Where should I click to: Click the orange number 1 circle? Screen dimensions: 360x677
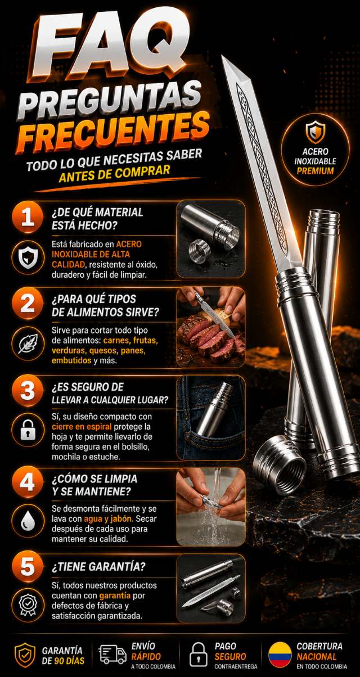28,217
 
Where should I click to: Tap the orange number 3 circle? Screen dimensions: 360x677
28,390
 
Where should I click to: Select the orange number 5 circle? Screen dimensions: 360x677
28,566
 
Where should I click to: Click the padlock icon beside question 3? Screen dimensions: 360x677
28,429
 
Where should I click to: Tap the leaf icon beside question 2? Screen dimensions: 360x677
28,344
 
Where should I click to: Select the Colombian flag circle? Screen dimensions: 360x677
280,655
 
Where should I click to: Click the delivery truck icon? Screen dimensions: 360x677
112,655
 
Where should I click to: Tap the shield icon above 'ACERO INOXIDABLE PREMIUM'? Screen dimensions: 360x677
315,132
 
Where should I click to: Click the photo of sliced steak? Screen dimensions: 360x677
211,327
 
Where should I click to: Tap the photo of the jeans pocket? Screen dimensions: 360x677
211,418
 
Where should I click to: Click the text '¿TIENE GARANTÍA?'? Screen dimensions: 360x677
98,567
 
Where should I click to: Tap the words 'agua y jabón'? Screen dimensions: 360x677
108,518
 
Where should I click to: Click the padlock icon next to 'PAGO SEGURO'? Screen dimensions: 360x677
198,655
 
